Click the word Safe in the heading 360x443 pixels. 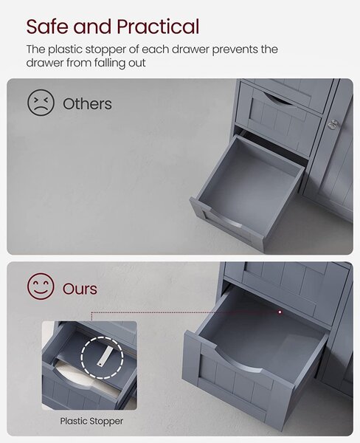click(x=48, y=27)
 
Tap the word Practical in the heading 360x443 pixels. click(x=158, y=27)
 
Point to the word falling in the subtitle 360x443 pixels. click(x=110, y=63)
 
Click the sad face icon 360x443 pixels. click(x=41, y=103)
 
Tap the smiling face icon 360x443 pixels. click(x=41, y=286)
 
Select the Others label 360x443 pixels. click(x=87, y=104)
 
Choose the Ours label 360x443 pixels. click(x=80, y=289)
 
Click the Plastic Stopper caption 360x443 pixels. click(x=91, y=422)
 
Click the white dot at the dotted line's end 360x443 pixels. click(x=280, y=312)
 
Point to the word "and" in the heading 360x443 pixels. click(x=93, y=27)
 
